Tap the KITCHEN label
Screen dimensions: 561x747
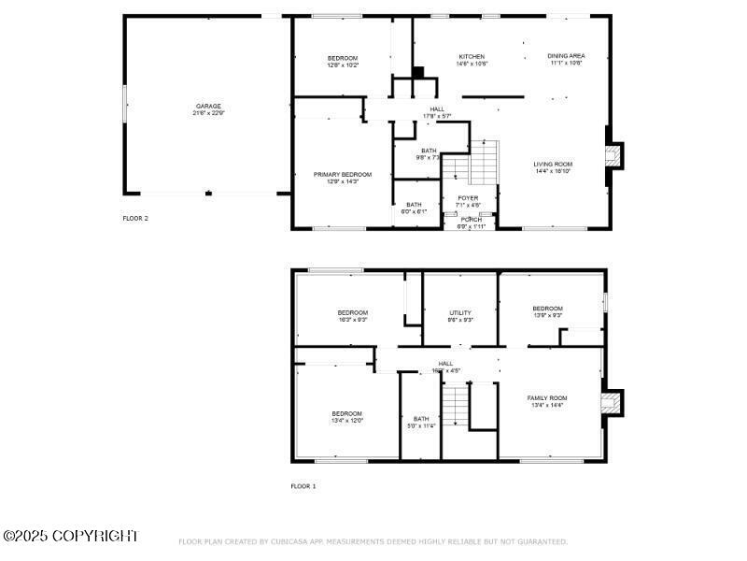[471, 56]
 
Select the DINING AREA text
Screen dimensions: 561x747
[566, 56]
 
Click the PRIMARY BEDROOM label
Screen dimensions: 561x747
[343, 175]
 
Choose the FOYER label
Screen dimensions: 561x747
[468, 198]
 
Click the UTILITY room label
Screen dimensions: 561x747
[460, 312]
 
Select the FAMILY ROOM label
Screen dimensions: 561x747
[547, 398]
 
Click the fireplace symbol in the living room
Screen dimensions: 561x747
[613, 155]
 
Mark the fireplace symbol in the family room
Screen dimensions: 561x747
[612, 402]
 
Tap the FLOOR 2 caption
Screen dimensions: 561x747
[135, 218]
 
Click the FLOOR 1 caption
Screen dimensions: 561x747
[303, 486]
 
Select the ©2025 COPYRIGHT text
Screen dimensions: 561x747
[71, 536]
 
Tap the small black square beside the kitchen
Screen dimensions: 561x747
[418, 72]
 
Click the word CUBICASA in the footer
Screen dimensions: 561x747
[289, 541]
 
